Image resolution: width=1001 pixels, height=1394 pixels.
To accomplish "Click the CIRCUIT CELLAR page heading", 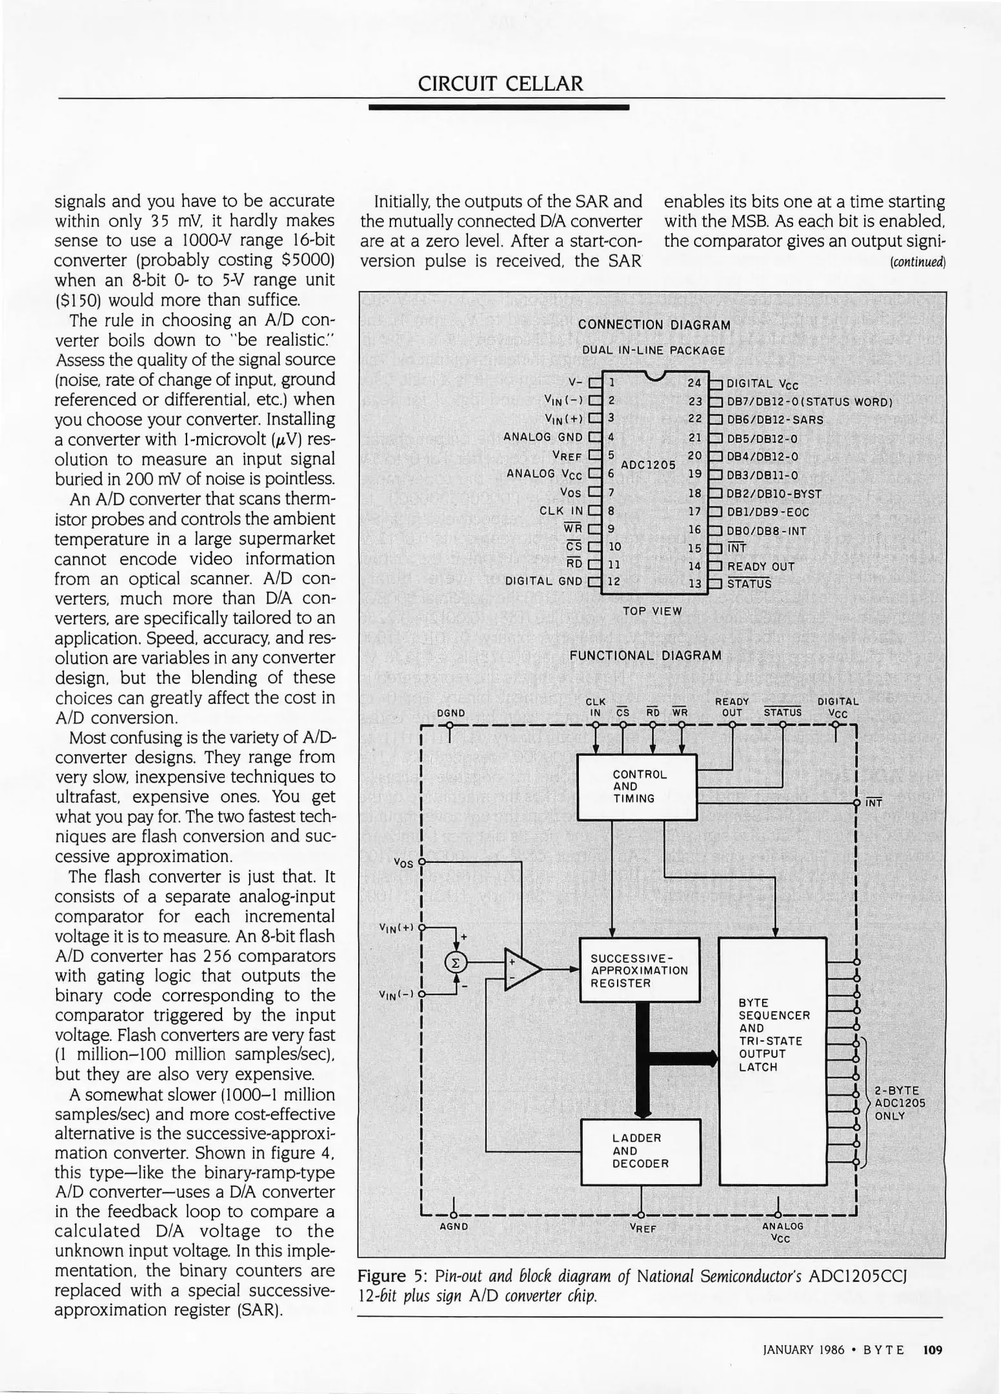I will click(x=500, y=83).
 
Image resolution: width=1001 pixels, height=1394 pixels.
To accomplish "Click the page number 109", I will click(x=933, y=1349).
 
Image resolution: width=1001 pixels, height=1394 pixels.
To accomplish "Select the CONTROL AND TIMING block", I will click(x=636, y=786).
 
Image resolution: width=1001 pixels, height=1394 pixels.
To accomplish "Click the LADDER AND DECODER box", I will click(x=640, y=1151).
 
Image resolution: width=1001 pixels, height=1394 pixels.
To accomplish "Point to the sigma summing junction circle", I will click(x=456, y=962).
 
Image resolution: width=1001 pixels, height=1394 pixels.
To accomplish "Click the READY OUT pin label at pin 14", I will click(x=760, y=567).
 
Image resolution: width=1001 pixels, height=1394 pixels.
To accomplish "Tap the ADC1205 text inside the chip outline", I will click(x=648, y=465).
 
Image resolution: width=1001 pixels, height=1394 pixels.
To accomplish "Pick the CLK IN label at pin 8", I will click(x=561, y=511).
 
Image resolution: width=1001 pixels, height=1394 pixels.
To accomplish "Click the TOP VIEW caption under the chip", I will click(x=652, y=611).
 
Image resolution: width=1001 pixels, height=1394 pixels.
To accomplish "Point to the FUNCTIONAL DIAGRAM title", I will click(x=645, y=656).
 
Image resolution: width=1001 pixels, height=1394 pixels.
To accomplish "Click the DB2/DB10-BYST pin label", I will click(x=774, y=494).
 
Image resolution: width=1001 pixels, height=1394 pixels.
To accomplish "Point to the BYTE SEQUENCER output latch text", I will click(x=773, y=1035).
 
